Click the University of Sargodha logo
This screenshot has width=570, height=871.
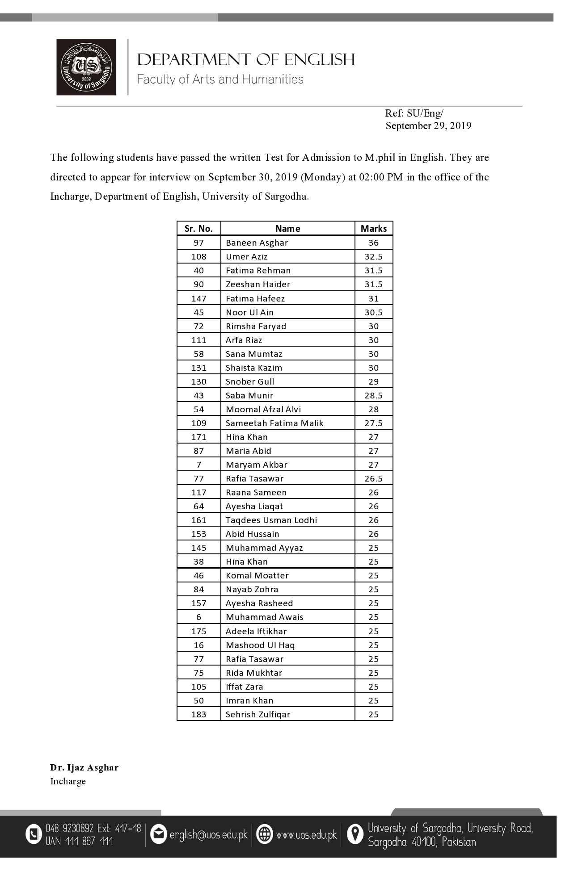[86, 67]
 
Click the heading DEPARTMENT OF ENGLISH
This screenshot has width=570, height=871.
[246, 59]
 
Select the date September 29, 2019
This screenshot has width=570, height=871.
[428, 126]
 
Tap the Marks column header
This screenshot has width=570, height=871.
[374, 229]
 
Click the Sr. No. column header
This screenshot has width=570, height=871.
[198, 229]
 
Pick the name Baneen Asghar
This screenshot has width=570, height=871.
[257, 243]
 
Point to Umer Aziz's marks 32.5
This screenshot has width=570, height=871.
[373, 257]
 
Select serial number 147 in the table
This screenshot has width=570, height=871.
[198, 298]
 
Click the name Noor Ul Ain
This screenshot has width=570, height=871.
[249, 312]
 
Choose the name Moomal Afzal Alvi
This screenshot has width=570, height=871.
[263, 409]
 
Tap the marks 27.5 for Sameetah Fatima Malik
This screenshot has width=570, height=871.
[373, 423]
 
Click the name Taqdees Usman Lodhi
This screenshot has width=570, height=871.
[271, 520]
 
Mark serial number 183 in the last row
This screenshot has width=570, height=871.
[198, 714]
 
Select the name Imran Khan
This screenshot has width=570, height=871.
[249, 700]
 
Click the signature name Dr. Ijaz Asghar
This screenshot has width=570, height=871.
[84, 768]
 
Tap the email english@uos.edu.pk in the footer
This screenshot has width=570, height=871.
[208, 834]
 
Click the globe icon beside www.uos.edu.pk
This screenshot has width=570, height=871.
[265, 834]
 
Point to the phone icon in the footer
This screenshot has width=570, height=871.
[34, 834]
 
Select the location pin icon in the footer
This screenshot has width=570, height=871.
[355, 834]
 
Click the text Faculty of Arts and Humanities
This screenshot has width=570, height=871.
[220, 80]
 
